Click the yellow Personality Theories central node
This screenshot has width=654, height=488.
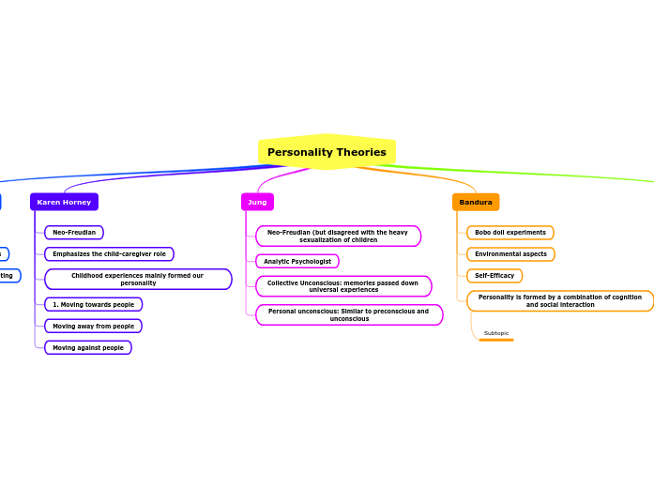(x=327, y=152)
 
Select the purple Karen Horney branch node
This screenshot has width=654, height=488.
(x=64, y=202)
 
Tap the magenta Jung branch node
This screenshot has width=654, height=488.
(x=257, y=202)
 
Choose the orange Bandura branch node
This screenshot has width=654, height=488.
(x=476, y=202)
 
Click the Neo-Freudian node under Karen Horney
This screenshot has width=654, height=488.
(x=74, y=232)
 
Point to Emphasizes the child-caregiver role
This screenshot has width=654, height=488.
(x=109, y=253)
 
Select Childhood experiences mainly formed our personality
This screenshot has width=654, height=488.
(x=138, y=279)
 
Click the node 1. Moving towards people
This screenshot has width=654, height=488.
(x=93, y=304)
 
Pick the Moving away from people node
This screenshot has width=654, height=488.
(x=93, y=326)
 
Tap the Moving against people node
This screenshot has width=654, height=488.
(x=88, y=347)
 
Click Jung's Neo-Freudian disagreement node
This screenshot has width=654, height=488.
(x=338, y=236)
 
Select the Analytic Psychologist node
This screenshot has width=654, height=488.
(x=297, y=261)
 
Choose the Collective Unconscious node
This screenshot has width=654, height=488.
(x=343, y=286)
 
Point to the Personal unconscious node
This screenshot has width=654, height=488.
(x=349, y=314)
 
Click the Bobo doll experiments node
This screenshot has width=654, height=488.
(x=510, y=232)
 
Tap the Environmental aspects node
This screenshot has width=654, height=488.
(x=510, y=253)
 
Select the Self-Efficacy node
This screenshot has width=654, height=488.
(x=494, y=275)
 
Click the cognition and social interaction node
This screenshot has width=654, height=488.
(x=560, y=300)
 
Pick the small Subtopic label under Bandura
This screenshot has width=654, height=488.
(x=496, y=333)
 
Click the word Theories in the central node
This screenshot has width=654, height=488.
(x=363, y=152)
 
